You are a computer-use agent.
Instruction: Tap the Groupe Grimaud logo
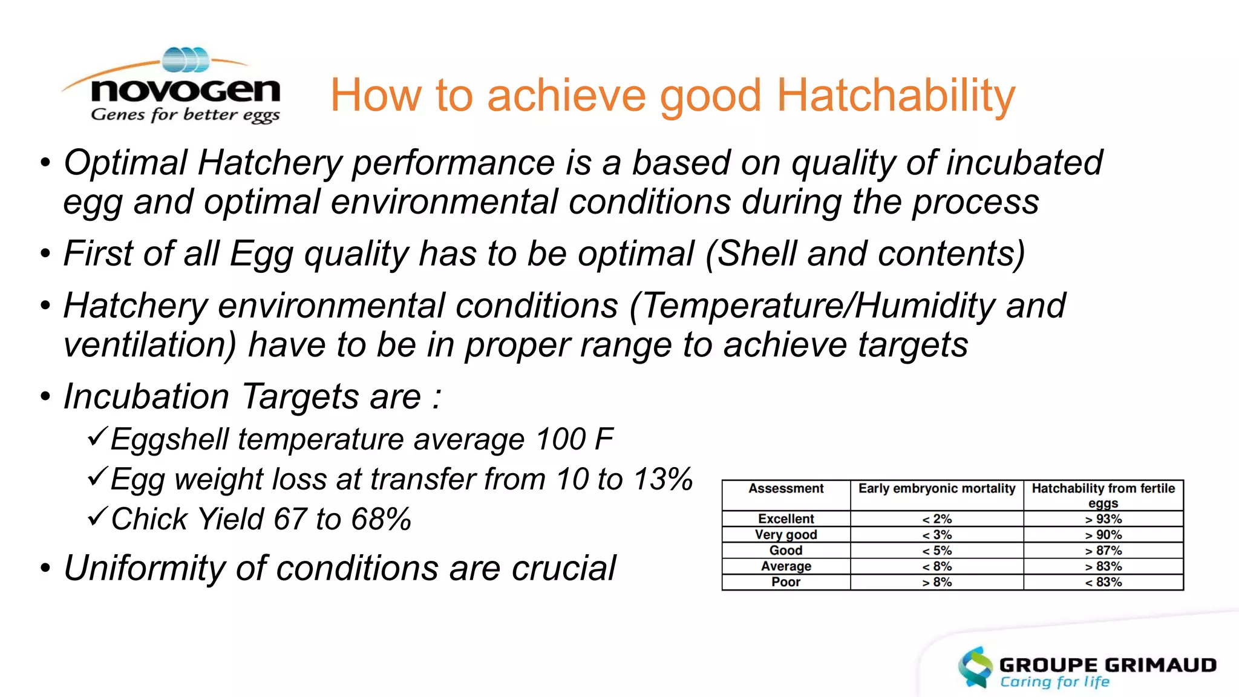[1087, 668]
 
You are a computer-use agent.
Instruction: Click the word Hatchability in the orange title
[895, 96]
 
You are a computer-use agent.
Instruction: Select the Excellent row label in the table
[786, 519]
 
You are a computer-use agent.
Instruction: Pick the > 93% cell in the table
[1103, 519]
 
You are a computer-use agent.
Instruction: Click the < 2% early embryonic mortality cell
[937, 519]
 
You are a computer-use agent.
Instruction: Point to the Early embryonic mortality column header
[937, 489]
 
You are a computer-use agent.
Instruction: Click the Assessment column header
[786, 489]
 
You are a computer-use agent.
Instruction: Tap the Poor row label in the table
[786, 582]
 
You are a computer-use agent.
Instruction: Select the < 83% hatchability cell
[1103, 582]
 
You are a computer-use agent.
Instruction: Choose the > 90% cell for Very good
[1103, 535]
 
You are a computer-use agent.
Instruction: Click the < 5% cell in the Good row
[937, 551]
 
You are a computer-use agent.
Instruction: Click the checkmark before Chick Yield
[97, 516]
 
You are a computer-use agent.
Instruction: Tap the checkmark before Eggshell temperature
[97, 436]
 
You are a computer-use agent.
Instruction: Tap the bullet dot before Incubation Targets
[45, 398]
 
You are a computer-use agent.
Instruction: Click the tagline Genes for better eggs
[185, 114]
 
